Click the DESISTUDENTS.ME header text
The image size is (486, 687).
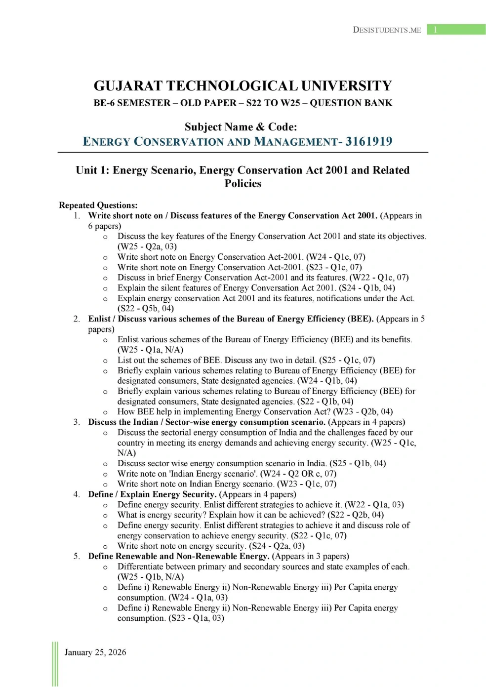(x=387, y=30)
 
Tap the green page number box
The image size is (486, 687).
(x=456, y=30)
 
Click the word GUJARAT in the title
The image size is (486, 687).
(x=128, y=86)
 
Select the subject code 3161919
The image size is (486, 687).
(x=368, y=142)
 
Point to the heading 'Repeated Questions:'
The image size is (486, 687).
(x=98, y=205)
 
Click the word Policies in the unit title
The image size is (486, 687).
(x=243, y=184)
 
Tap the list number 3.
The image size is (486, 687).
(x=77, y=422)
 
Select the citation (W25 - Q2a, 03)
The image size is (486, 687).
(x=147, y=246)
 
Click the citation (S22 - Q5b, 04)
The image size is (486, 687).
(x=146, y=309)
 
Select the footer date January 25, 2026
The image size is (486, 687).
(x=95, y=652)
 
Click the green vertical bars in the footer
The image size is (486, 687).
(x=55, y=664)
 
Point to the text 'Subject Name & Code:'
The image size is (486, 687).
(x=241, y=127)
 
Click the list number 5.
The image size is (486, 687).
(x=77, y=557)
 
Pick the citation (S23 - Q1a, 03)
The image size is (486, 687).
(x=196, y=618)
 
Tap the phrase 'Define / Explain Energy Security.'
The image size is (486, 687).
(x=152, y=494)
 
